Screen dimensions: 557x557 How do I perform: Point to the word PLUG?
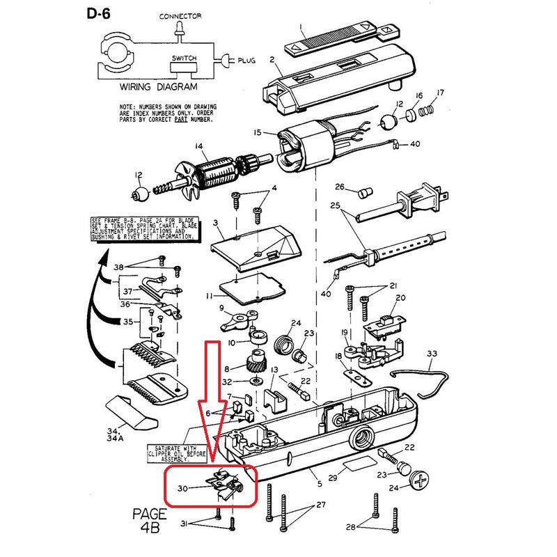(x=246, y=61)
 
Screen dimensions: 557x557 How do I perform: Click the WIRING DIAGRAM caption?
(x=158, y=88)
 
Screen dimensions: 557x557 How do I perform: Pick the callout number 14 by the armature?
(x=198, y=146)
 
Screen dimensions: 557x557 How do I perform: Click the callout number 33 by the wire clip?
(x=432, y=354)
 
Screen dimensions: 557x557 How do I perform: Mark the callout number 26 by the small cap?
(x=340, y=187)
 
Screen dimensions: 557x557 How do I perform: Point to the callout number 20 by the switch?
(x=400, y=298)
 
